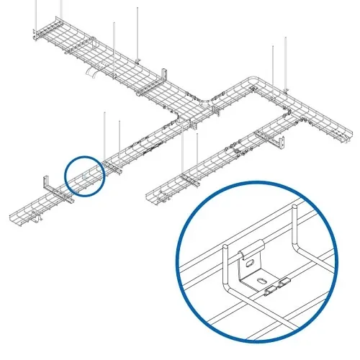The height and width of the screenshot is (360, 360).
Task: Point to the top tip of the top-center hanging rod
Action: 138,9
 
